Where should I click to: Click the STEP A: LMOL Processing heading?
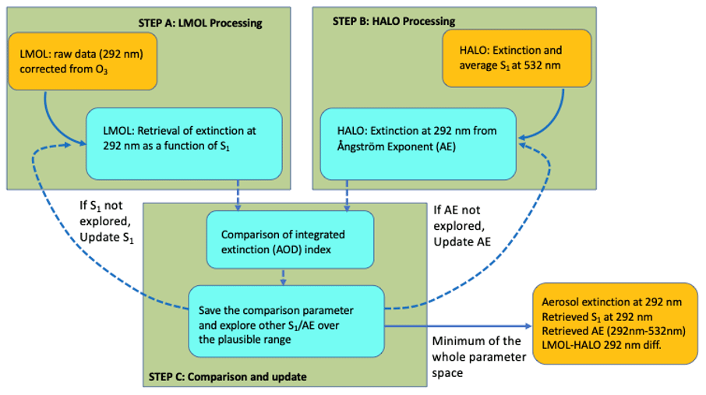click(x=200, y=23)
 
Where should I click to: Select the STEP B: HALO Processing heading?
click(x=394, y=21)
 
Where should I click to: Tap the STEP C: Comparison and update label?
click(x=228, y=376)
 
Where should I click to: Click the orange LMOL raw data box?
click(x=83, y=62)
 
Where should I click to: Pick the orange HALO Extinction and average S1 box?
click(x=517, y=58)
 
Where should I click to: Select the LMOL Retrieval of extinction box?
click(x=184, y=143)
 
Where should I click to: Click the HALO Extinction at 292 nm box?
click(x=418, y=143)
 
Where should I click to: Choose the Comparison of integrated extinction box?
click(x=290, y=240)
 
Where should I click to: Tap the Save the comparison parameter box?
click(x=286, y=321)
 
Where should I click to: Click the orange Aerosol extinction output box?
click(x=615, y=323)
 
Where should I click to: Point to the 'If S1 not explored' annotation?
click(x=107, y=221)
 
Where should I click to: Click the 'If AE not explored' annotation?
click(x=462, y=226)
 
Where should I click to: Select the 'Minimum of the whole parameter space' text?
click(x=478, y=357)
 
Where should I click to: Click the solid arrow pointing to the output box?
click(x=458, y=326)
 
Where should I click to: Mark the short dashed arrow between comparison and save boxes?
click(x=283, y=277)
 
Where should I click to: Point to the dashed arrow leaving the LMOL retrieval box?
click(x=238, y=196)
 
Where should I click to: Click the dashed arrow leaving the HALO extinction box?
click(x=347, y=196)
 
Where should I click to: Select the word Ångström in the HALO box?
click(x=359, y=146)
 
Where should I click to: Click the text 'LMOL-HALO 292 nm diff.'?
click(x=602, y=345)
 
